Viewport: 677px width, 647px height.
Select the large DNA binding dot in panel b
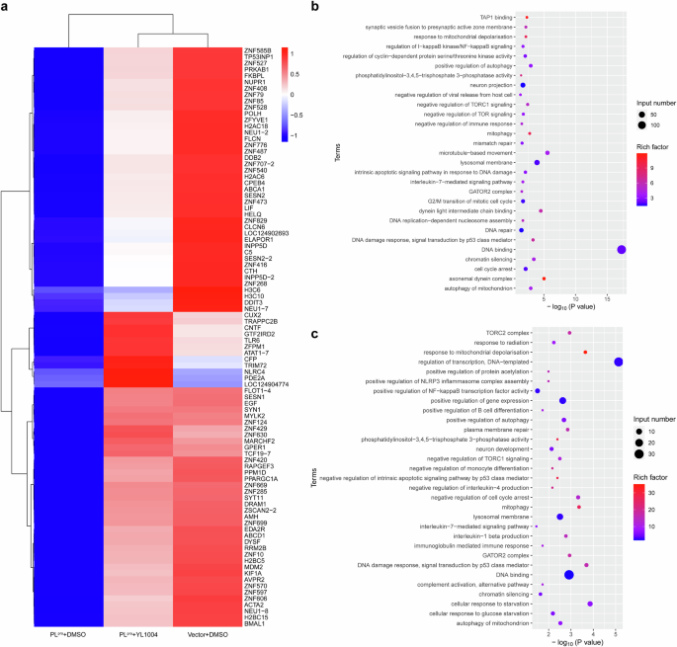point(621,222)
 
